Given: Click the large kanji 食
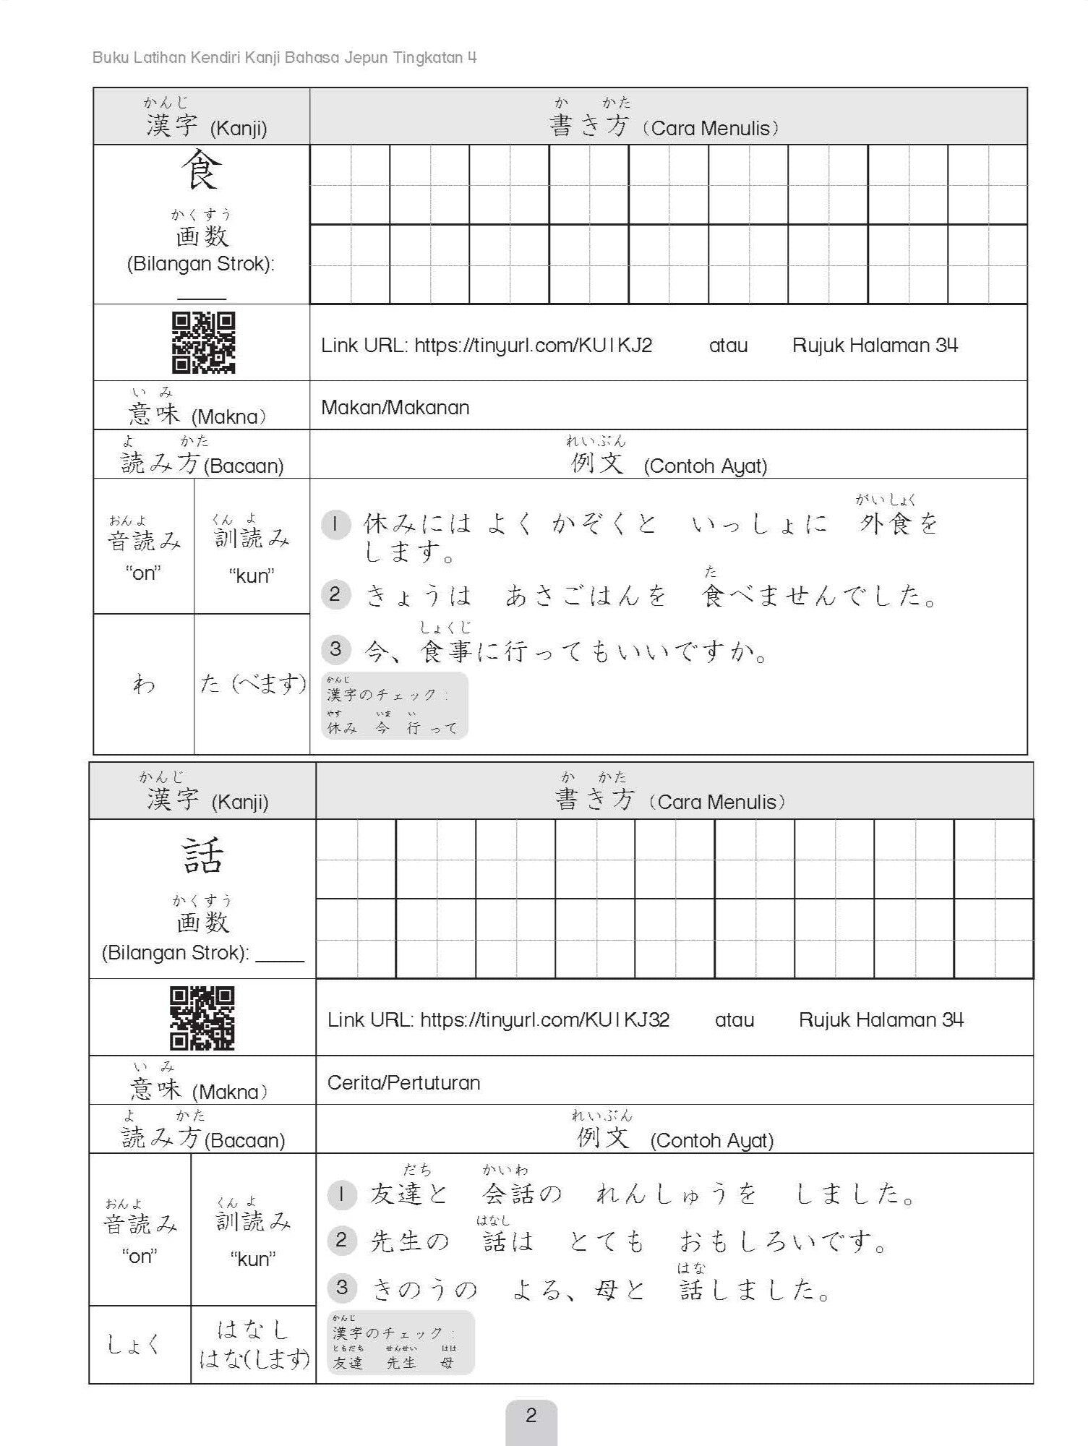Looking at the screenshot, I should pyautogui.click(x=201, y=171).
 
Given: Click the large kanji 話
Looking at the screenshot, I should pyautogui.click(x=202, y=855).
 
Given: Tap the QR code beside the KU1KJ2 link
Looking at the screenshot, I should pyautogui.click(x=203, y=343).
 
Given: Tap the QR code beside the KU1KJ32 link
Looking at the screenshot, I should pyautogui.click(x=202, y=1017).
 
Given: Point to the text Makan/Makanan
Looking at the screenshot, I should pyautogui.click(x=395, y=408).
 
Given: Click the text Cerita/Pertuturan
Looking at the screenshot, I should pyautogui.click(x=403, y=1083).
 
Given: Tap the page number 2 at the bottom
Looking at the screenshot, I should pyautogui.click(x=531, y=1415).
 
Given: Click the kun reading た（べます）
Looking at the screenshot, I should pyautogui.click(x=252, y=683).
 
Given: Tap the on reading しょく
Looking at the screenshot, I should pyautogui.click(x=134, y=1344).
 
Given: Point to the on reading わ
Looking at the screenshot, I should pyautogui.click(x=144, y=683).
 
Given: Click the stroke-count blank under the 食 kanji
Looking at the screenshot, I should pyautogui.click(x=202, y=294).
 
